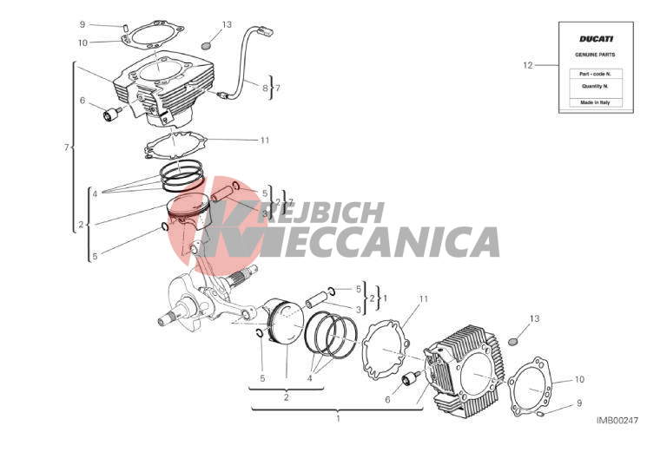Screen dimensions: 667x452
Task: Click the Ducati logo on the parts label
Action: pos(596,39)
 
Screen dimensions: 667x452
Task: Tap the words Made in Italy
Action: pos(595,102)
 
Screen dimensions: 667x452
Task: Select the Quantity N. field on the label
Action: pos(596,86)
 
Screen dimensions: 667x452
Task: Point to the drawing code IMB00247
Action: pos(617,420)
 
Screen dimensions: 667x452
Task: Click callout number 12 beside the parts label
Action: pos(527,65)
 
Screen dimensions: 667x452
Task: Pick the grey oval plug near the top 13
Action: pos(206,45)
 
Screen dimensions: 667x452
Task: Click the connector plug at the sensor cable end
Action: pos(265,30)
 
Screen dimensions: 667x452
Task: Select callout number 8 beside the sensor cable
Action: pos(265,88)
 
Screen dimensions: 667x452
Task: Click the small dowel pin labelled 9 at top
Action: pos(126,28)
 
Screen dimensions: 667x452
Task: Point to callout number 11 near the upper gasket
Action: pos(265,141)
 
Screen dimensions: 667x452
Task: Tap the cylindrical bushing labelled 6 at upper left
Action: pos(111,115)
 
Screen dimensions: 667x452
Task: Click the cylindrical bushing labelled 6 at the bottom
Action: pos(411,377)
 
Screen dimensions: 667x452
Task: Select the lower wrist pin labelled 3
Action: pos(314,300)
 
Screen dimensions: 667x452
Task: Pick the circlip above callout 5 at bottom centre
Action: pos(261,334)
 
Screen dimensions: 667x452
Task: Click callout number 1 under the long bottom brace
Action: pos(338,418)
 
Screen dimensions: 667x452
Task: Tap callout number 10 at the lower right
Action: pos(579,379)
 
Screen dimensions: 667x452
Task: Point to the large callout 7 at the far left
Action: pos(66,147)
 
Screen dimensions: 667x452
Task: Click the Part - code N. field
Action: pos(596,74)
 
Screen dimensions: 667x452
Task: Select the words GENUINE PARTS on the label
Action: pos(595,55)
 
